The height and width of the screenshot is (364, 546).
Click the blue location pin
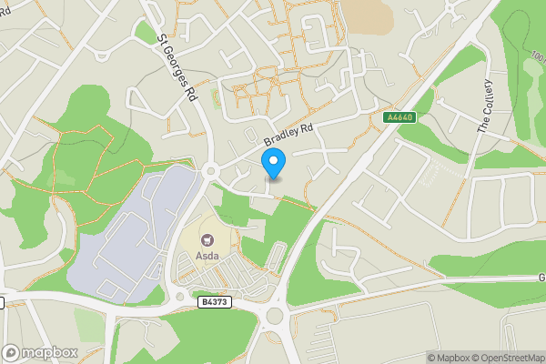[x=274, y=163]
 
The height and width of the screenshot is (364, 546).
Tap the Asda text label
[x=207, y=256]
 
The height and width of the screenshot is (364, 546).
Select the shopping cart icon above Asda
[x=207, y=240]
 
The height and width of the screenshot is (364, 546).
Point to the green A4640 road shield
[x=400, y=116]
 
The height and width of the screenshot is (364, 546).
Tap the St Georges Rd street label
[x=177, y=68]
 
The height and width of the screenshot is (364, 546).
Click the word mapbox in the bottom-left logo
[x=50, y=352]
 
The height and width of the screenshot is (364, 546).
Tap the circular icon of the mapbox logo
[x=12, y=352]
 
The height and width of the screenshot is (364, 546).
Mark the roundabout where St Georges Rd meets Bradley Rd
[x=211, y=170]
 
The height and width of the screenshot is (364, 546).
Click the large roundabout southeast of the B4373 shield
[x=274, y=318]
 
